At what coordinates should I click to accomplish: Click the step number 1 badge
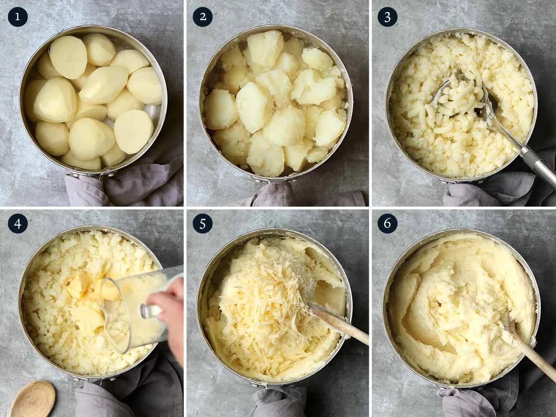(x=18, y=17)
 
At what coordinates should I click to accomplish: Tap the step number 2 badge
(x=202, y=17)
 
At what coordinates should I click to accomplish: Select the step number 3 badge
(x=387, y=17)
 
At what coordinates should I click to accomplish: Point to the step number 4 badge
(x=18, y=223)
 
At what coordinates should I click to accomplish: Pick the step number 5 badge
(x=202, y=223)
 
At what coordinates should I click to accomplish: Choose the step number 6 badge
(x=387, y=223)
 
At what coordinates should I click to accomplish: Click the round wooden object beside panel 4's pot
(x=32, y=399)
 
